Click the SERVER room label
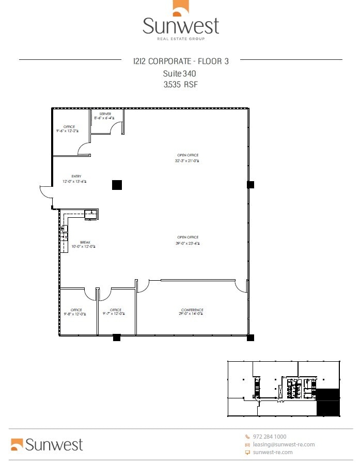click(x=105, y=114)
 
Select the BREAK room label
click(x=85, y=242)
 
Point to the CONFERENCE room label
click(x=192, y=310)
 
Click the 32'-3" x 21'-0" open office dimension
click(x=187, y=161)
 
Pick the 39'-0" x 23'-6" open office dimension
click(x=187, y=243)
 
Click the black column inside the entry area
click(x=117, y=184)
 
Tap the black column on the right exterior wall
click(x=251, y=184)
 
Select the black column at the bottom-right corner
click(x=251, y=338)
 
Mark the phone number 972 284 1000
click(x=269, y=437)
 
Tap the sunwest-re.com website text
click(x=272, y=452)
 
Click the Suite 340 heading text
click(x=179, y=73)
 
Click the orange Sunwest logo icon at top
click(x=181, y=9)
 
